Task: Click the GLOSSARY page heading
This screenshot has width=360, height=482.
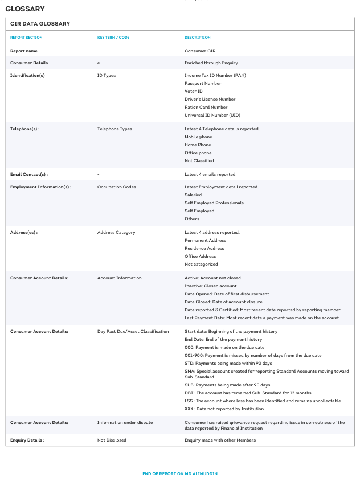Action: point(25,9)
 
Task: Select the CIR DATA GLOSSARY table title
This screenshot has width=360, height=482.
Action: point(40,24)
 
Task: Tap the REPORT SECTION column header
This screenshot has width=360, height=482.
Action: point(26,38)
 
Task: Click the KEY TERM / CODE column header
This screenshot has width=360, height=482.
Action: point(113,38)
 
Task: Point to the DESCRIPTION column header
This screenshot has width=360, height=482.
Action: point(197,38)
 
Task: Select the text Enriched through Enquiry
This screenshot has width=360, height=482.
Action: point(211,63)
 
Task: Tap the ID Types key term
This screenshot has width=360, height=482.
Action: point(107,75)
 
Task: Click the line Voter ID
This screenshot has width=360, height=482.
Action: point(194,91)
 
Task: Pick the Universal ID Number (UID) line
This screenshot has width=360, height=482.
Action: point(212,115)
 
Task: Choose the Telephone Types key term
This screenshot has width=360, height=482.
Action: point(114,129)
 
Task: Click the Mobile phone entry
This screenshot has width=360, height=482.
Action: point(198,137)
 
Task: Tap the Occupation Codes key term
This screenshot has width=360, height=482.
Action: point(117,187)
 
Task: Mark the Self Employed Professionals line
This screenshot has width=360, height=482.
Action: point(214,203)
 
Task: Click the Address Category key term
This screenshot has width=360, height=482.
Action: point(116,232)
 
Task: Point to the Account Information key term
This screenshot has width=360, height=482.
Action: point(120,278)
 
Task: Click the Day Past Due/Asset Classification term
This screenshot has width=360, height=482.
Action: point(133,331)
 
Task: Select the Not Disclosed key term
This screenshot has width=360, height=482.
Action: point(112,440)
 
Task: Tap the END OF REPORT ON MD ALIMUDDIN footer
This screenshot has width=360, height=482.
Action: point(180,473)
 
